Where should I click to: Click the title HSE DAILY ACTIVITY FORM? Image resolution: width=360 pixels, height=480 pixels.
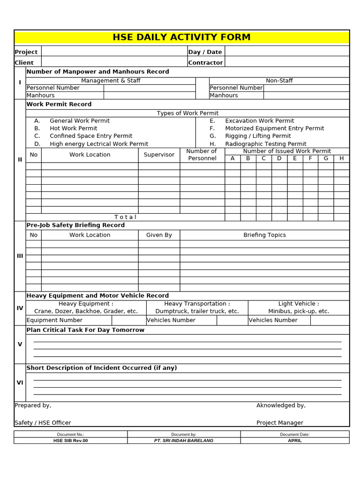click(181, 37)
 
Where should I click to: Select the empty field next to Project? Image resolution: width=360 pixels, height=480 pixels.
click(114, 52)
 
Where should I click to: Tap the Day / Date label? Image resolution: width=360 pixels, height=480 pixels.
click(205, 52)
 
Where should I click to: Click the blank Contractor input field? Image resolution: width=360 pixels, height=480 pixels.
click(287, 62)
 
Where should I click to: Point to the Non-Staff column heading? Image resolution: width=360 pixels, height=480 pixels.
click(279, 81)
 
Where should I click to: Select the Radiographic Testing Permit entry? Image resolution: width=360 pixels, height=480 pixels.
click(265, 144)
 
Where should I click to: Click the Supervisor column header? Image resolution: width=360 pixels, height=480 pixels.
click(159, 155)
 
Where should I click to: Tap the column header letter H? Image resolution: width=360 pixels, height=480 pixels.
click(341, 158)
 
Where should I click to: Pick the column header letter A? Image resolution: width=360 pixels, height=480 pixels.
click(232, 158)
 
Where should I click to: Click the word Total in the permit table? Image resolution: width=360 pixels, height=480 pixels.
click(125, 217)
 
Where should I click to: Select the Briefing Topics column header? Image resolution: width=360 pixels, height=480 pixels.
click(264, 235)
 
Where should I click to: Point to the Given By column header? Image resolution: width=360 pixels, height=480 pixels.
click(159, 235)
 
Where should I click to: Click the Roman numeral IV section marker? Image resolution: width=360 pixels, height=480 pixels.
click(20, 308)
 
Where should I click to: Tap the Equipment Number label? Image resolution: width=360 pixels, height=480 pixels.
click(54, 320)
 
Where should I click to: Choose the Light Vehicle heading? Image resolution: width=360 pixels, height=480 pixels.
click(298, 304)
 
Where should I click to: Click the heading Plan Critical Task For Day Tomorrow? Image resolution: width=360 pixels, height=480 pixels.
click(85, 330)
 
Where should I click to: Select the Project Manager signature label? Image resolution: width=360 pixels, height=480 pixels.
click(279, 423)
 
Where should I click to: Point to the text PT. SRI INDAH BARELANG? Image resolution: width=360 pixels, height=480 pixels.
click(184, 441)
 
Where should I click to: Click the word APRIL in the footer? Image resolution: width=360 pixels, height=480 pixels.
click(294, 441)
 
